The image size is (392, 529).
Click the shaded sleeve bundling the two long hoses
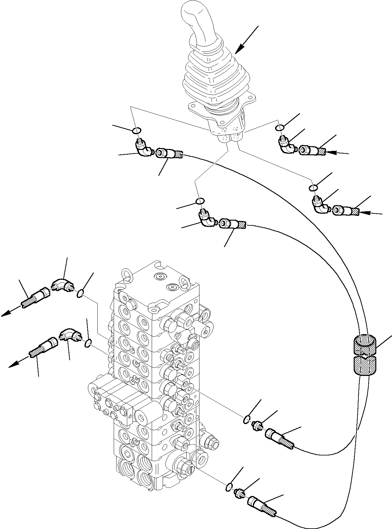click(364, 355)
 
